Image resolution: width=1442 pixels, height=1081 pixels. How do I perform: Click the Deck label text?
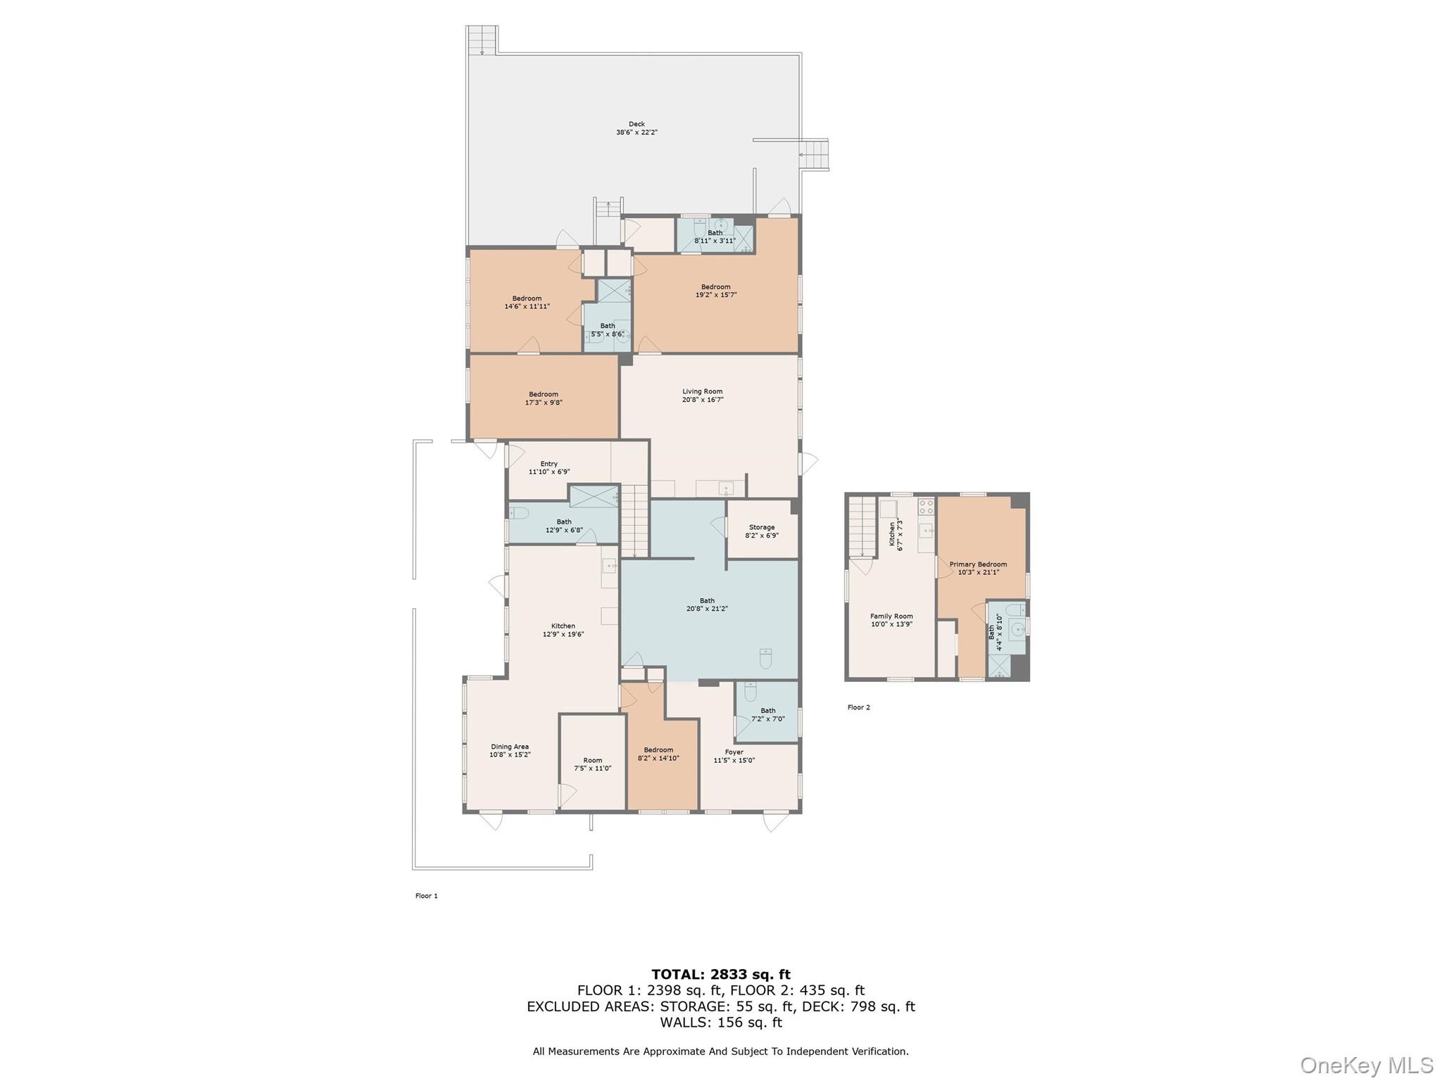[637, 124]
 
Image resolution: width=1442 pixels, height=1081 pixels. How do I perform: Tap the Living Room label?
[702, 391]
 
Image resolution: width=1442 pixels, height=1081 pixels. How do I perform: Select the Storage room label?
[761, 527]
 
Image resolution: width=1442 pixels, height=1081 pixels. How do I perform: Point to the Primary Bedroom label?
[977, 564]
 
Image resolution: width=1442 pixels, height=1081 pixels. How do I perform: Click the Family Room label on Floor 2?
[891, 616]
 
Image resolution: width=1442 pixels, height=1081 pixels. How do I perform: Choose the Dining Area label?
[510, 747]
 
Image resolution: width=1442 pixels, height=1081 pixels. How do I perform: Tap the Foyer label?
[734, 752]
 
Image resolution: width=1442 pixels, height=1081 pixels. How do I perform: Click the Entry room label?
[548, 464]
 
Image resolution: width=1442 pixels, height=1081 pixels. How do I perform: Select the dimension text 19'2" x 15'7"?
[715, 295]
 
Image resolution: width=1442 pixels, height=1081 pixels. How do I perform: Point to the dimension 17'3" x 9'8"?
[544, 403]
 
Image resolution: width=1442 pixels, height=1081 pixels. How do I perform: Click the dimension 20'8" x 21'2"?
[707, 609]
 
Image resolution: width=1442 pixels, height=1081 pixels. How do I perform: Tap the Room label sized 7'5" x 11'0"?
[592, 760]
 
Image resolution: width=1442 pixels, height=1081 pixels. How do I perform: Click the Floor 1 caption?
[426, 896]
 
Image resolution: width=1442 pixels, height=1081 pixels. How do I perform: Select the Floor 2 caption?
[858, 707]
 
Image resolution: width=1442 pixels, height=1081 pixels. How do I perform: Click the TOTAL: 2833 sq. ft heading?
[720, 974]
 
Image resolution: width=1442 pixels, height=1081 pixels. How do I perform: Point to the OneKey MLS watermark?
[1366, 1065]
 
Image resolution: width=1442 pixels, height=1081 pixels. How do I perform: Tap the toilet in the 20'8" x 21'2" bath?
[765, 658]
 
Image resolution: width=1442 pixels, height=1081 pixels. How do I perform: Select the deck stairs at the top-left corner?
[482, 39]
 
